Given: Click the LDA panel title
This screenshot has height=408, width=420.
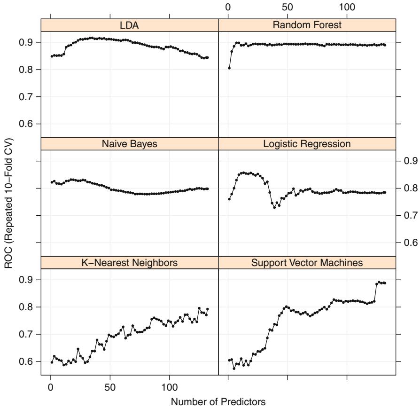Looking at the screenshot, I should click(130, 25).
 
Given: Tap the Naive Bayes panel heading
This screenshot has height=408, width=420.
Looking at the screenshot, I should click(130, 144).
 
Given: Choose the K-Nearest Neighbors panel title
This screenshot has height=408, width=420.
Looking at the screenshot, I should click(130, 263).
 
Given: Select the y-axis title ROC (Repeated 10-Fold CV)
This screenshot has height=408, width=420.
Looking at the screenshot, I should click(8, 204).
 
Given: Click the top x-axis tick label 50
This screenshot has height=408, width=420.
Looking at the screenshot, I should click(288, 7).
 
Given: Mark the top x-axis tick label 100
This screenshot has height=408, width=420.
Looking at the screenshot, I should click(347, 7).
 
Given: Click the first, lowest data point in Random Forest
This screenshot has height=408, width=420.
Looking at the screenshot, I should click(229, 68).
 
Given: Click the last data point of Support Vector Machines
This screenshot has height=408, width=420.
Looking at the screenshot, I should click(385, 283).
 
